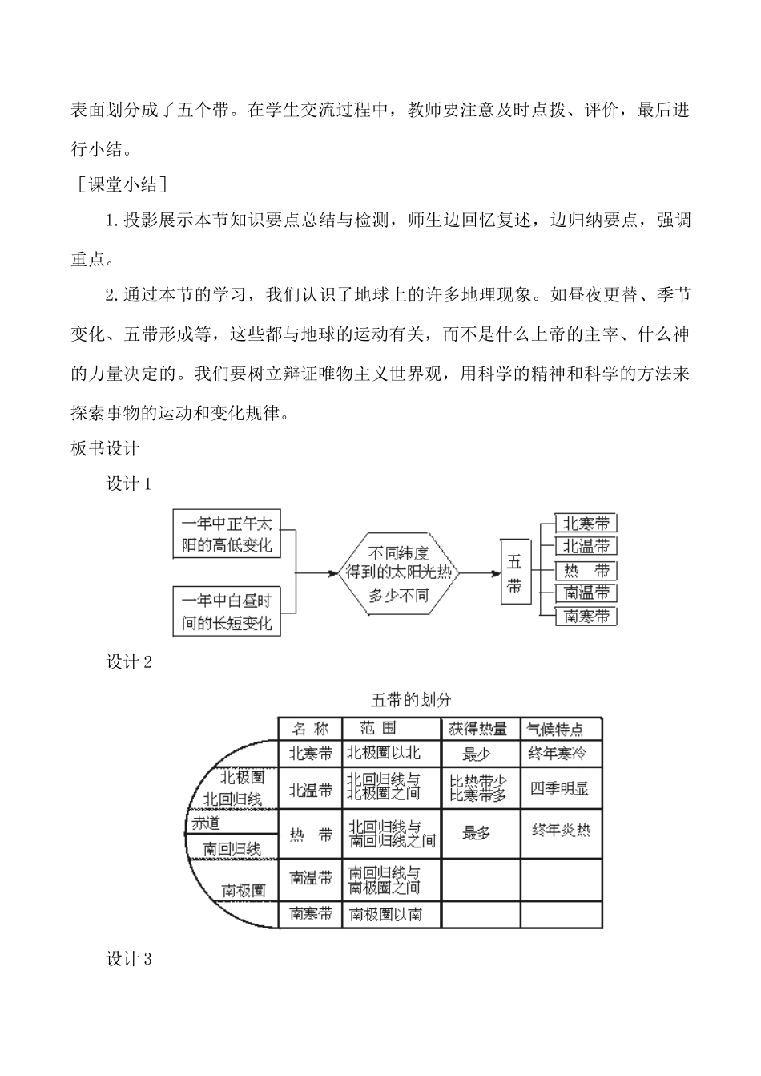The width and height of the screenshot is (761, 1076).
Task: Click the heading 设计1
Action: point(129,483)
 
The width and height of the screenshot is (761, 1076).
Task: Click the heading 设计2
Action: point(129,662)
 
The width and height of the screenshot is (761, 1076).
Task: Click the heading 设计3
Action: point(129,959)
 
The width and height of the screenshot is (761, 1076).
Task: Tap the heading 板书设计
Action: point(105,448)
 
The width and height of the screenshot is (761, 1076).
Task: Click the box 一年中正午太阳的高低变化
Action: point(227,535)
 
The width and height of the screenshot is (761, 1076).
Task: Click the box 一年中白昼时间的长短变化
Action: point(227,612)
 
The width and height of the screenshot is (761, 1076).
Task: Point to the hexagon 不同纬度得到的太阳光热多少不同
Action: point(398,573)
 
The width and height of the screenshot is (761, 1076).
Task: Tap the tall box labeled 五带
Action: point(514,574)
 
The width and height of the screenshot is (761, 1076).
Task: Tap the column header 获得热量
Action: point(477,729)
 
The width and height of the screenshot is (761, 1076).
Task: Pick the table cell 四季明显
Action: point(559,788)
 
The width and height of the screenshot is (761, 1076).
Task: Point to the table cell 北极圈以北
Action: point(383,753)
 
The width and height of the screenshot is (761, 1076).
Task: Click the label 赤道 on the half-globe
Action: point(206,823)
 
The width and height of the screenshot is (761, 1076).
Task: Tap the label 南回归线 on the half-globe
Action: point(232,847)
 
